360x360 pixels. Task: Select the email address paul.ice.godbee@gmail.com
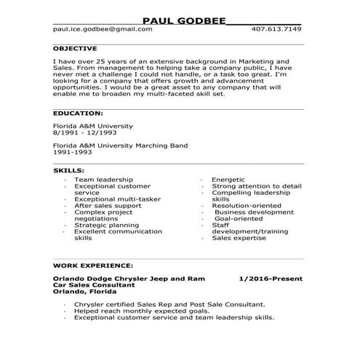103,29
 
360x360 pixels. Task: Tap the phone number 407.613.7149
276,29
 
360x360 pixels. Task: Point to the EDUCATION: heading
79,113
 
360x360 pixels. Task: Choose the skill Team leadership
103,179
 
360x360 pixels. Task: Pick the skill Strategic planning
108,225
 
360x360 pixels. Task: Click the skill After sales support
108,205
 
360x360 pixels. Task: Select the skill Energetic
228,179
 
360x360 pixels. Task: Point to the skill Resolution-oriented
247,205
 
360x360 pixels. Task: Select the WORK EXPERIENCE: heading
93,265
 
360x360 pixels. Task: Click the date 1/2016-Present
270,279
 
